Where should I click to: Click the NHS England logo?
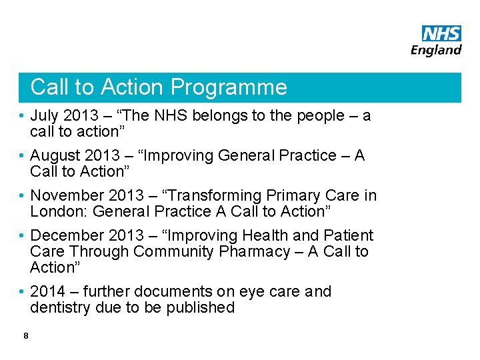coord(437,41)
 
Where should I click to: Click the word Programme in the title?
coord(229,87)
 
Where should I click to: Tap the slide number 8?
coord(25,336)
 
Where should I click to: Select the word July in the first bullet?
coord(45,116)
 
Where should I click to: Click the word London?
coord(58,211)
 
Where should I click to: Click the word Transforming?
coord(218,195)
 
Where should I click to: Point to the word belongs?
coord(220,116)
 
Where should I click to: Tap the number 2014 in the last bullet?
coord(48,291)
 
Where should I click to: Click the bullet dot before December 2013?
coord(23,236)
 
